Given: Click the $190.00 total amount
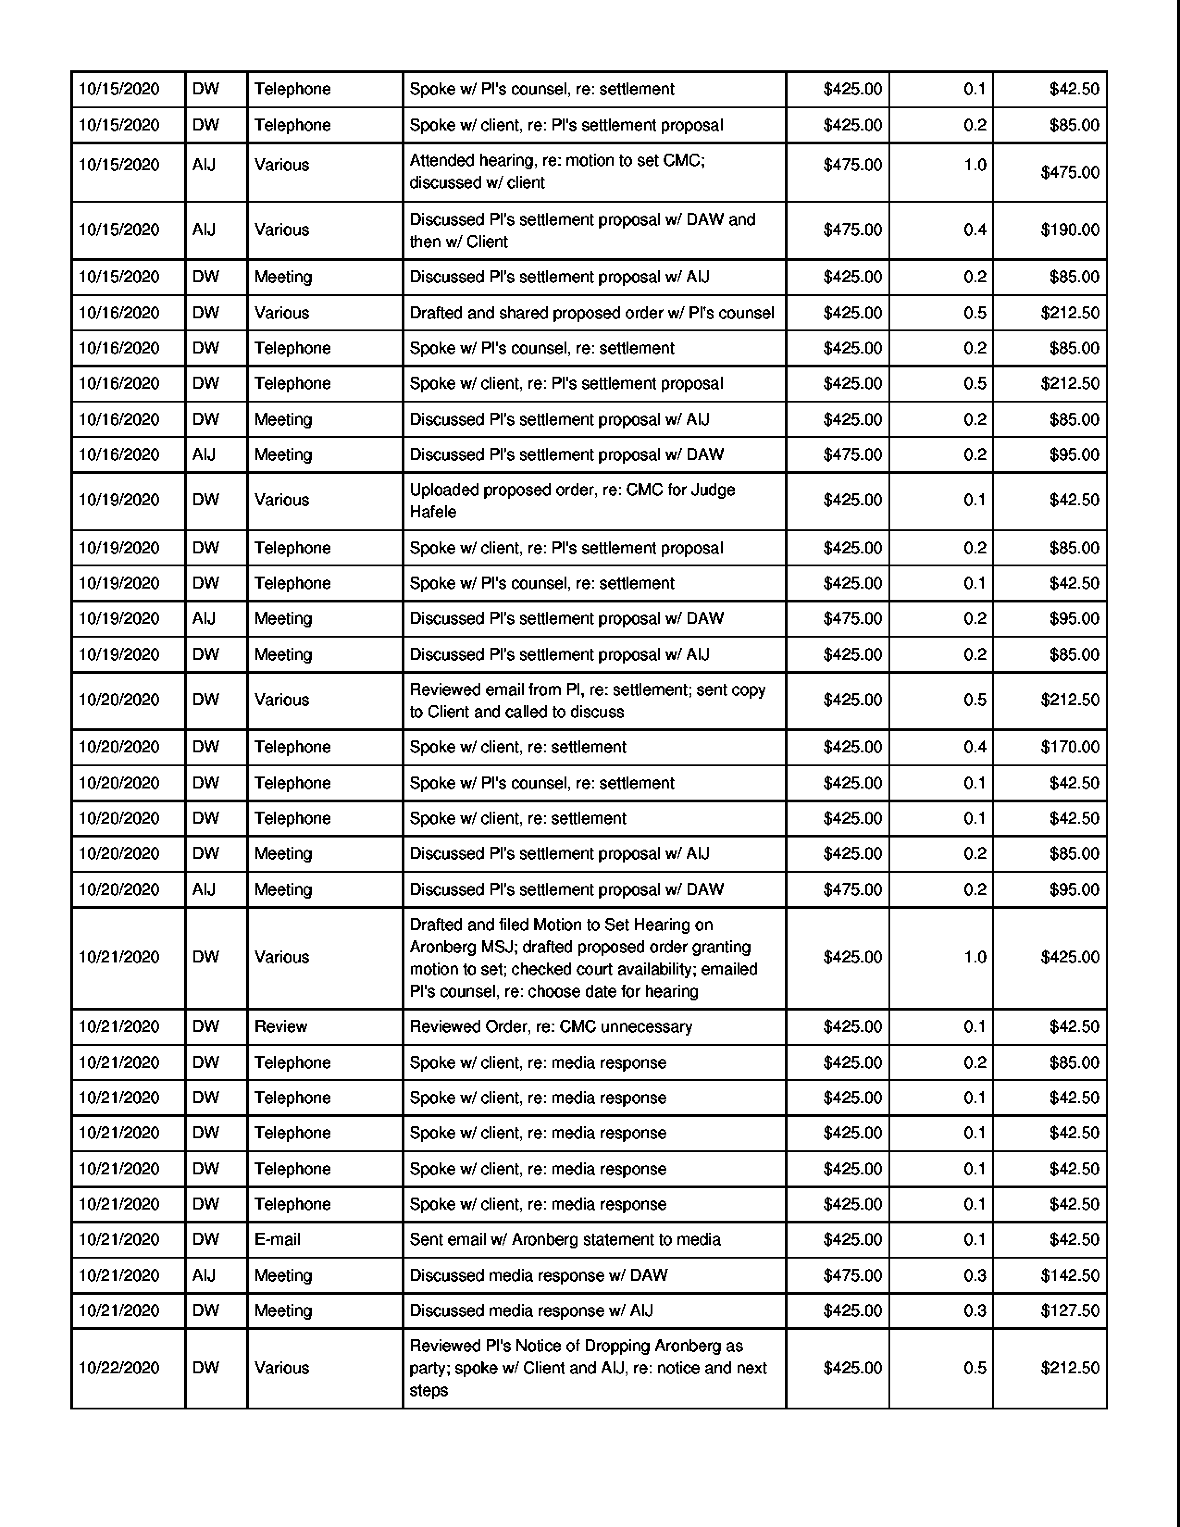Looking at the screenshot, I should [1069, 230].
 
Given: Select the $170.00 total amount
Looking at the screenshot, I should [1069, 747].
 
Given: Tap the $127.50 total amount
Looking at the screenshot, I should [1069, 1311].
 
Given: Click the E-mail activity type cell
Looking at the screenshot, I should [278, 1240].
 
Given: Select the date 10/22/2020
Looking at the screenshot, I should [119, 1368].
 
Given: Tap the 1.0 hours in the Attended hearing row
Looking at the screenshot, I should [975, 165].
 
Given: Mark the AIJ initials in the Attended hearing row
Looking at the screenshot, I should [204, 165].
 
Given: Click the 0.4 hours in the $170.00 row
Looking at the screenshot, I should [975, 747].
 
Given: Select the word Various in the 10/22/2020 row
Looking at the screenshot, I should [282, 1368].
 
